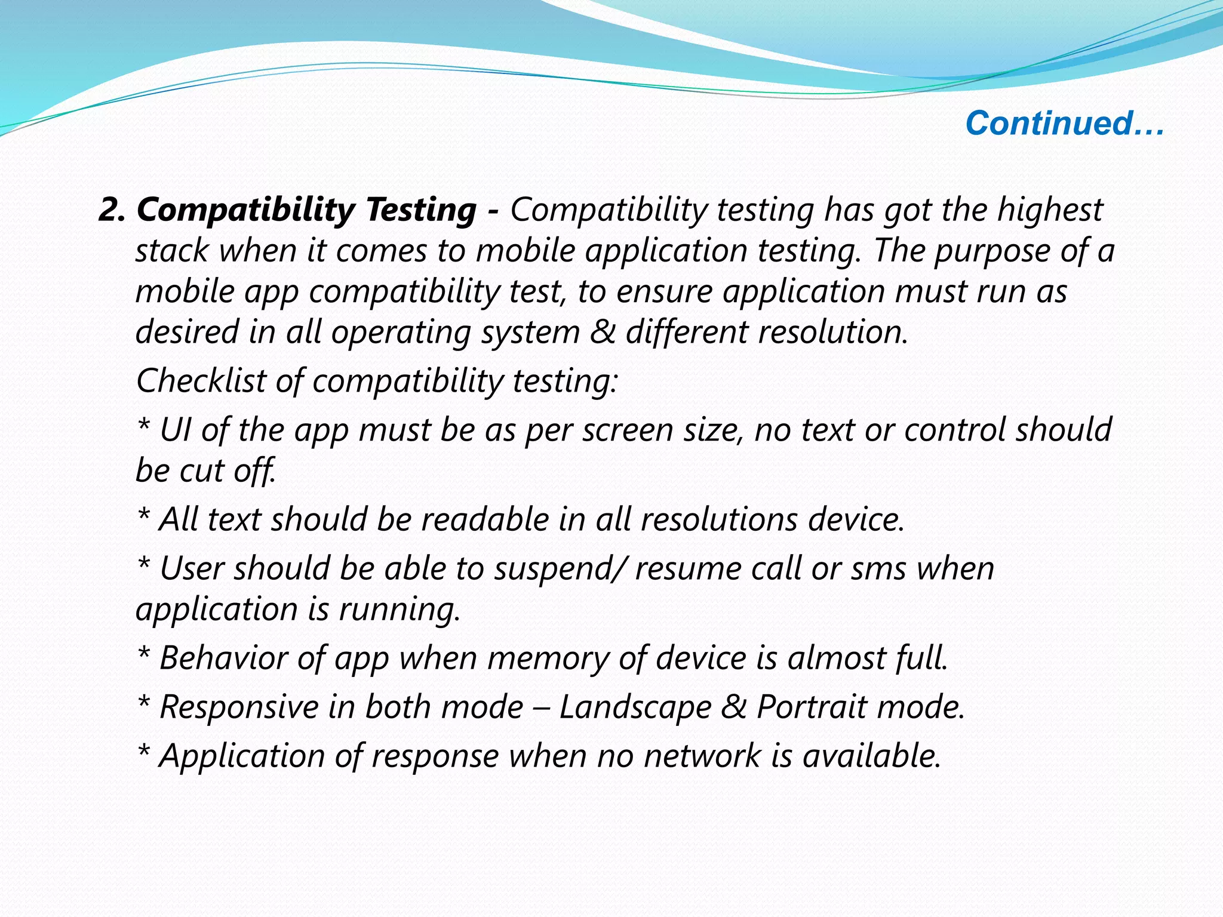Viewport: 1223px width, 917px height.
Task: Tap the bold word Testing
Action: pyautogui.click(x=421, y=210)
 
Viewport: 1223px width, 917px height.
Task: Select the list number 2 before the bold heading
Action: pyautogui.click(x=111, y=210)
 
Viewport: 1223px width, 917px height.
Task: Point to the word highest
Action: pyautogui.click(x=1049, y=210)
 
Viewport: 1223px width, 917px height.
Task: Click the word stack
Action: pyautogui.click(x=172, y=251)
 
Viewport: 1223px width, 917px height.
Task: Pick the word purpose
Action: pyautogui.click(x=991, y=251)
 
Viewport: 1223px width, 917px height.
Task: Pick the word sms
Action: pyautogui.click(x=878, y=568)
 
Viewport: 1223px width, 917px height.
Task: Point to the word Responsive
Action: pyautogui.click(x=239, y=707)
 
